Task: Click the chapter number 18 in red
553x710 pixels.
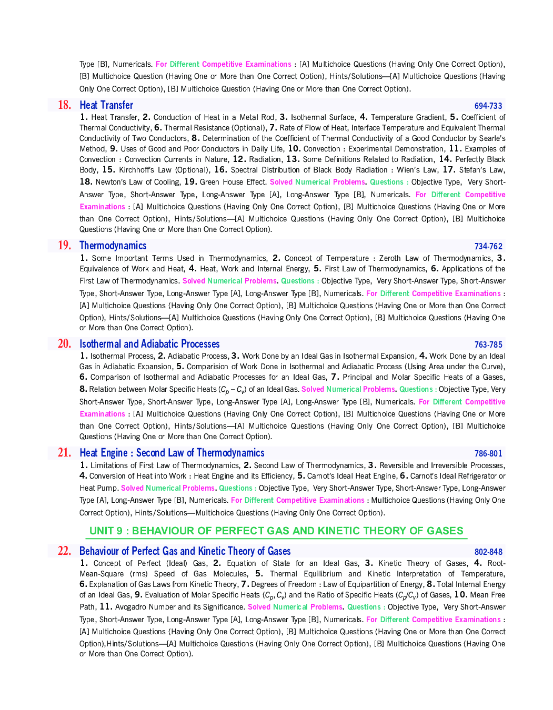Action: coord(64,105)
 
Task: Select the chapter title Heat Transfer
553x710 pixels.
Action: coord(106,105)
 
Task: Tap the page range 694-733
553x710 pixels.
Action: coord(488,106)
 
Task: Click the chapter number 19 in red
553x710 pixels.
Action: coord(64,246)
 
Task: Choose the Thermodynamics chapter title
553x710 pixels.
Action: coord(113,246)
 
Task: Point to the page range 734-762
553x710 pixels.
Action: coord(488,246)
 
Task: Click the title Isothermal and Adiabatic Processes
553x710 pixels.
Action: coord(149,344)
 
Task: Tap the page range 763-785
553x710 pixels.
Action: coord(488,344)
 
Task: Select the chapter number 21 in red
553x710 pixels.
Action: coord(64,453)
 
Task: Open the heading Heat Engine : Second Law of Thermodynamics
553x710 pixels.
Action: coord(172,453)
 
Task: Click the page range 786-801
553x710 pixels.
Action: coord(488,453)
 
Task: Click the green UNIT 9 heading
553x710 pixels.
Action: coord(276,531)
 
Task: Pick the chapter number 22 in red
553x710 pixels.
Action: coord(64,551)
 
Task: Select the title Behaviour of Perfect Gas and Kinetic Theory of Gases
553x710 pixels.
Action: coord(185,551)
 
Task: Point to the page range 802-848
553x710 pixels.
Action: coord(488,552)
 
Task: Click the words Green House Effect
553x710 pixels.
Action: coord(233,182)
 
